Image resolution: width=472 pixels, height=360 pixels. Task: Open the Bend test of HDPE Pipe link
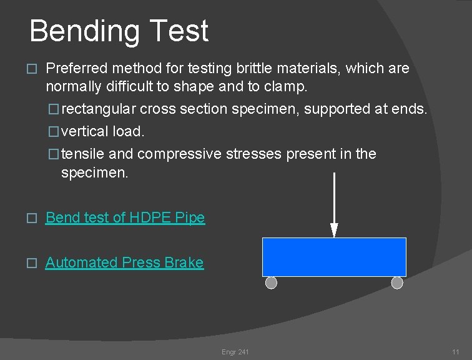pos(125,217)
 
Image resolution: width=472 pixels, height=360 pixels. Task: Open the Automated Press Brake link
pos(124,262)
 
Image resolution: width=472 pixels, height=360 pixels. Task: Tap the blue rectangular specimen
pos(333,257)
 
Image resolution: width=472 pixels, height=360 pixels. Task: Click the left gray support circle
pos(271,283)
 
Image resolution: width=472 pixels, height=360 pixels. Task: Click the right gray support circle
pos(397,283)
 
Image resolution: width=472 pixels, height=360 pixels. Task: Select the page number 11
pos(456,352)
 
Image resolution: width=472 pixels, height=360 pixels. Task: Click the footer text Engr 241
pos(235,352)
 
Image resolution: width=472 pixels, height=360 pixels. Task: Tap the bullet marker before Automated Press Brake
pos(33,263)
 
